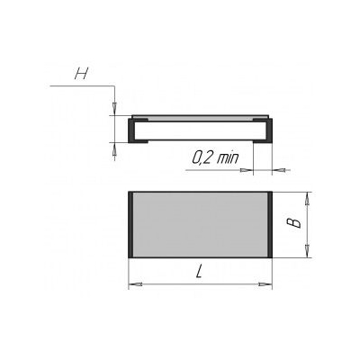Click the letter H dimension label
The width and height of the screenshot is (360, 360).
(82, 74)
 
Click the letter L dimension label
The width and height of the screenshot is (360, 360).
(199, 272)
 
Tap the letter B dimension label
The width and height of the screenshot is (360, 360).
(293, 223)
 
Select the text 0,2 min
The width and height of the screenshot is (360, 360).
(215, 157)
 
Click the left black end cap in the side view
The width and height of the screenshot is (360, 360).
(131, 130)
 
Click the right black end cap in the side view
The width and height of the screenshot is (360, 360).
(269, 130)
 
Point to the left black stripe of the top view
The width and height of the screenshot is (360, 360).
(130, 225)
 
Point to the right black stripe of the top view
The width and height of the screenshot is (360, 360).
(270, 225)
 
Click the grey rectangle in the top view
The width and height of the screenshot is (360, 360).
(200, 225)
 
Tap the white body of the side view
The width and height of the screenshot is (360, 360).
(200, 130)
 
